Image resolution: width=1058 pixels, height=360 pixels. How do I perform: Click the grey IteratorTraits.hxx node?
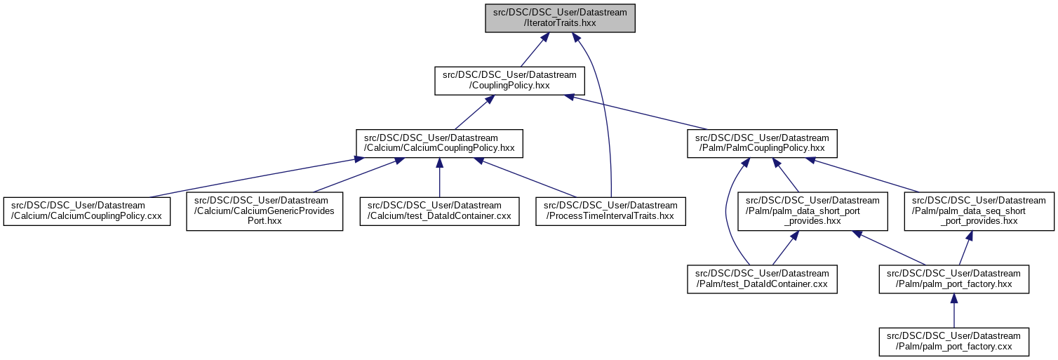560,18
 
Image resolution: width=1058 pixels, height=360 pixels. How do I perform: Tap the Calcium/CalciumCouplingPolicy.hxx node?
439,142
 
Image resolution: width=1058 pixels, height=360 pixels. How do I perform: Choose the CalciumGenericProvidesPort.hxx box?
264,211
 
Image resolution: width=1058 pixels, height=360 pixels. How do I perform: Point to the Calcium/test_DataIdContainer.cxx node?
439,211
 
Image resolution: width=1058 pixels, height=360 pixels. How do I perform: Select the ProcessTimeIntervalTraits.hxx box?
610,211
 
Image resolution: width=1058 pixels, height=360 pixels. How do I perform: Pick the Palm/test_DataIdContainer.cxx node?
762,279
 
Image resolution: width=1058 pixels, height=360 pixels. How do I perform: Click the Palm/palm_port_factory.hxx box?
953,279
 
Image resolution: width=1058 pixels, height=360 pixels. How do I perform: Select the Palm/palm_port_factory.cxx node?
953,341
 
